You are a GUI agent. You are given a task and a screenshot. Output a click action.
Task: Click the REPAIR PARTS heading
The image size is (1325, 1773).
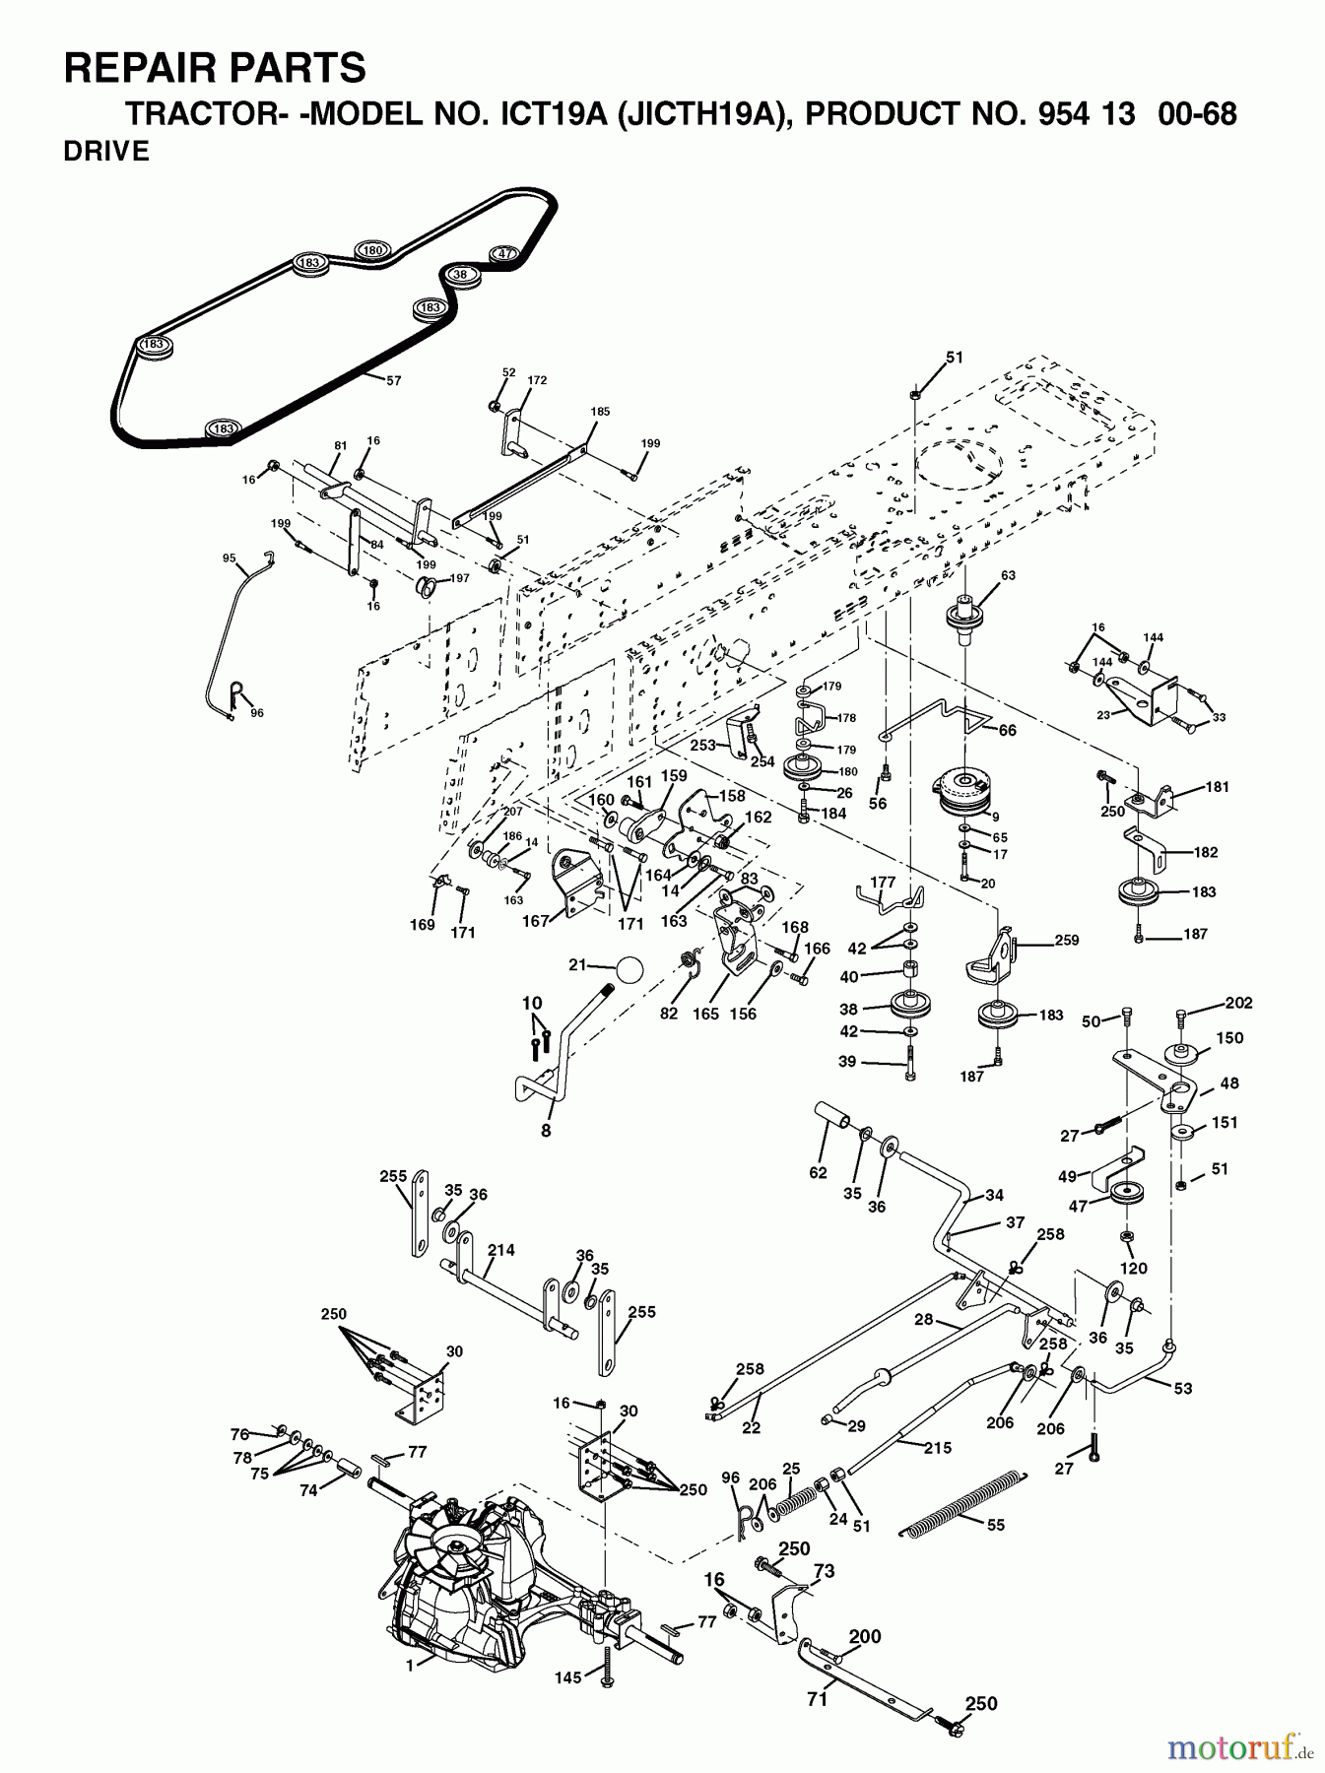[214, 69]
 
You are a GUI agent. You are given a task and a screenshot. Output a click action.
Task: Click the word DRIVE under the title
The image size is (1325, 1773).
[105, 152]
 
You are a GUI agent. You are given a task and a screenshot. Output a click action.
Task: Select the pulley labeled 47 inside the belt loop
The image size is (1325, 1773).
[503, 254]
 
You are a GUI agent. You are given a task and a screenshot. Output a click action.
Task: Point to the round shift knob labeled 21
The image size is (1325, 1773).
[629, 969]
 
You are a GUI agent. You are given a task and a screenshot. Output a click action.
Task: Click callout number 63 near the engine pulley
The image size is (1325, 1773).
[980, 575]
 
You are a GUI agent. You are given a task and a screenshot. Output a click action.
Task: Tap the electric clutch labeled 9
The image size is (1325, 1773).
[964, 791]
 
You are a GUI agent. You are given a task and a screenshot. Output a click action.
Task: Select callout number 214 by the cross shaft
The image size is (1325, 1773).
[500, 1250]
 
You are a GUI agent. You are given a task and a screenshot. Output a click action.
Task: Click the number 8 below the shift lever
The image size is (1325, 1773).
[545, 1131]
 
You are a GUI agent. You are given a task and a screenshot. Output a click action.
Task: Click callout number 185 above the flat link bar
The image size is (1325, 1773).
[600, 411]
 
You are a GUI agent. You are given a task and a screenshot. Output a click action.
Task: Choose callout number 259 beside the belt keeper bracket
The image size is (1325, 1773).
[1066, 940]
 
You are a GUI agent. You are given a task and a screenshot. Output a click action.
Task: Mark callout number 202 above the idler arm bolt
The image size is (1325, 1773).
[1238, 1003]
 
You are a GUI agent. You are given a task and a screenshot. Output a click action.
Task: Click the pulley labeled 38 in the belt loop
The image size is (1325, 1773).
[461, 275]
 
